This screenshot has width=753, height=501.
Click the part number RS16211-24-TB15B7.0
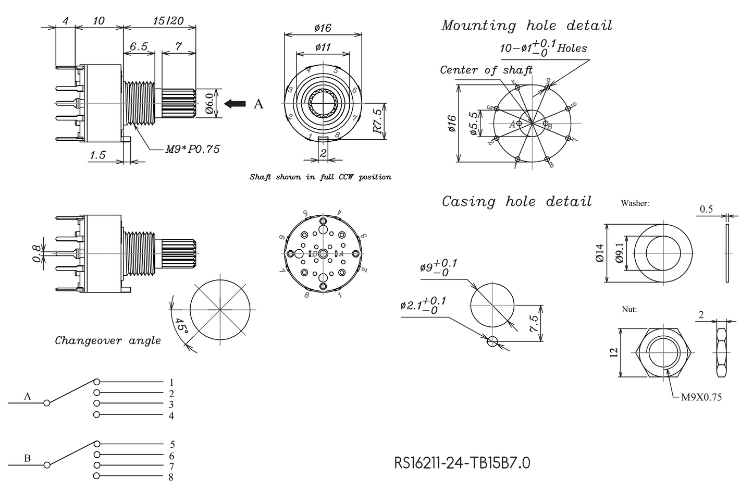(462, 462)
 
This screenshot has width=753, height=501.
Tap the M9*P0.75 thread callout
(192, 149)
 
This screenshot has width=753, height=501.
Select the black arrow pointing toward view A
(235, 104)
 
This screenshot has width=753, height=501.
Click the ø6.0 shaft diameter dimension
(209, 104)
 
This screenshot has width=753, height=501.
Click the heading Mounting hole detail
(526, 26)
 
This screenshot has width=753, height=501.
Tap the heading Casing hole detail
(516, 201)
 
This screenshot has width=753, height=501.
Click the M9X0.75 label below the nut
(701, 397)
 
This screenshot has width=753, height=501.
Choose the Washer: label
(635, 203)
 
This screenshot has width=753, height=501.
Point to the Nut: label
(629, 309)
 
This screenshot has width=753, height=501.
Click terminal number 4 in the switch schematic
(171, 416)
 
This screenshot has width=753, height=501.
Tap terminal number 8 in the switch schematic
(171, 476)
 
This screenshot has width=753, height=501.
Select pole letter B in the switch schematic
(27, 458)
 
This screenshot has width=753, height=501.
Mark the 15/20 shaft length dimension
(168, 21)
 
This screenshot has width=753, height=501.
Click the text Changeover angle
(108, 341)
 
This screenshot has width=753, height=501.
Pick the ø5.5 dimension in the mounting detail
(474, 124)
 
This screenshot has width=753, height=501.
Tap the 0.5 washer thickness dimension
(706, 209)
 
